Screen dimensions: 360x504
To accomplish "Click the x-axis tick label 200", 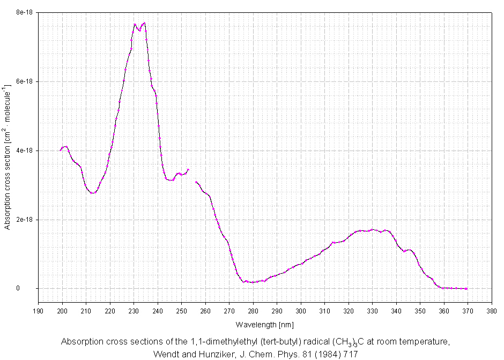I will pos(62,311).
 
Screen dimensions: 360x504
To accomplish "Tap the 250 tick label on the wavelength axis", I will pos(181,311).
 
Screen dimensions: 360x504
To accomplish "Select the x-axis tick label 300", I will pos(300,311).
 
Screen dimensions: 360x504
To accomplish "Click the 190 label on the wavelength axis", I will pos(39,311).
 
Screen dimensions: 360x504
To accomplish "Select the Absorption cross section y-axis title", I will pos(7,157).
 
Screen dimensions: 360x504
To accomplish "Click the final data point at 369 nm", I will pos(466,288).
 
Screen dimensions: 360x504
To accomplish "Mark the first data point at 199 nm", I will pos(61,150).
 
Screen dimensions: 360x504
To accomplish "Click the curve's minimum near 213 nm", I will pos(93,193).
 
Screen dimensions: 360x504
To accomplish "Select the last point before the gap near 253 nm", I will pos(188,170).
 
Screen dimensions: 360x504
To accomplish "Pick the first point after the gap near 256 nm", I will pos(196,182).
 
